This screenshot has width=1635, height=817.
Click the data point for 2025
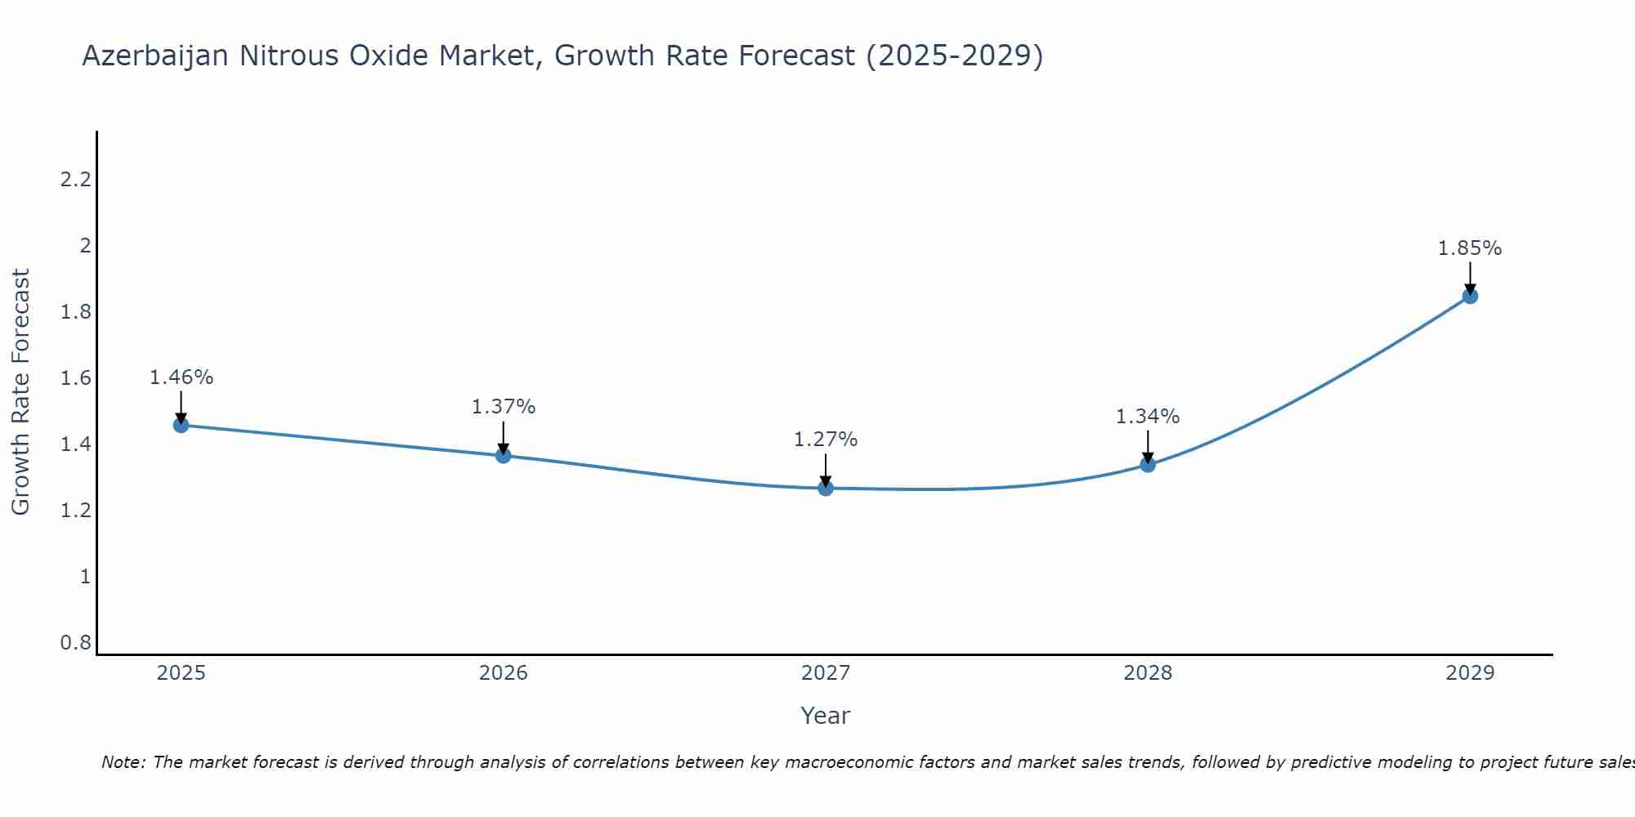pyautogui.click(x=181, y=425)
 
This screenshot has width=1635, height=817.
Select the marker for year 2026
pyautogui.click(x=504, y=455)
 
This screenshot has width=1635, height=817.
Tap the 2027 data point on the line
pyautogui.click(x=826, y=488)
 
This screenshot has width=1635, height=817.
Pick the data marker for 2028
pyautogui.click(x=1148, y=465)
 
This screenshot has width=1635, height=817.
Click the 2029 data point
pyautogui.click(x=1470, y=296)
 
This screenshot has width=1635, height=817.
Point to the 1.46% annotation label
pyautogui.click(x=181, y=377)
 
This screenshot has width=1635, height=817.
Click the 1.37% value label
pyautogui.click(x=504, y=407)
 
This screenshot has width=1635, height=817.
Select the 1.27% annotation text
pyautogui.click(x=826, y=440)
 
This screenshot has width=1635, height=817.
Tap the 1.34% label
pyautogui.click(x=1148, y=417)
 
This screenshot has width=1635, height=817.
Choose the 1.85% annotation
pyautogui.click(x=1470, y=248)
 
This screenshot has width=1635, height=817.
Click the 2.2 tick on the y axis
pyautogui.click(x=75, y=180)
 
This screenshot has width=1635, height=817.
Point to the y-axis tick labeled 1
pyautogui.click(x=85, y=577)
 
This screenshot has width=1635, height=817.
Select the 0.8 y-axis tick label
pyautogui.click(x=75, y=643)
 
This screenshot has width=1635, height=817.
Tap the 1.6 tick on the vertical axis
pyautogui.click(x=75, y=378)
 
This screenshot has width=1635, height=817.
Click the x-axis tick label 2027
pyautogui.click(x=826, y=673)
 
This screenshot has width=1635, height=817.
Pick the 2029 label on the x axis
pyautogui.click(x=1470, y=673)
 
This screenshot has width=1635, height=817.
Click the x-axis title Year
pyautogui.click(x=826, y=716)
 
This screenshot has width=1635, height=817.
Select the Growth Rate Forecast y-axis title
pyautogui.click(x=21, y=392)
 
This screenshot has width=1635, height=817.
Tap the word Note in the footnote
pyautogui.click(x=121, y=762)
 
